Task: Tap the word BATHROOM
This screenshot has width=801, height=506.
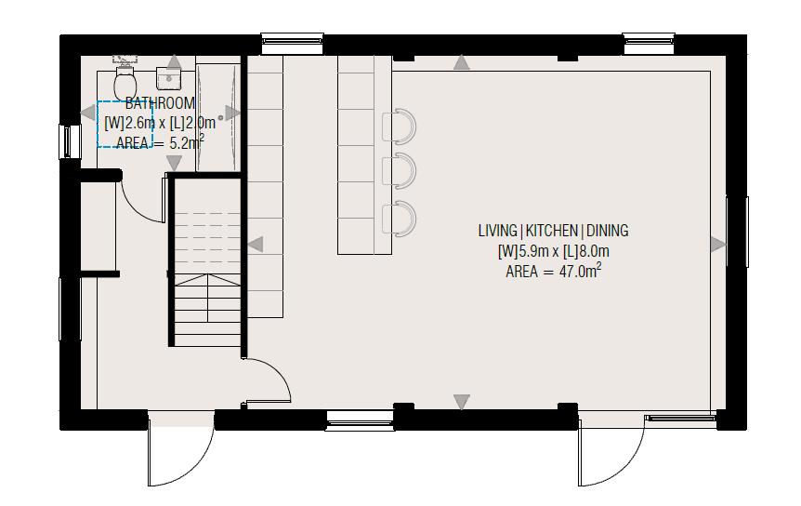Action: [160, 103]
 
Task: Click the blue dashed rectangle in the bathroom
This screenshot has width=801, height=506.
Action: [125, 124]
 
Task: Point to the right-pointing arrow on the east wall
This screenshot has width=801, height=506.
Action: [717, 245]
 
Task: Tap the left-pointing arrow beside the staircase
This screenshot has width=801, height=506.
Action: [255, 244]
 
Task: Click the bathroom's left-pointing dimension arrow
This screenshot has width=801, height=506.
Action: [87, 113]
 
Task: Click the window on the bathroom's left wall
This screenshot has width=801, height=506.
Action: [64, 141]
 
